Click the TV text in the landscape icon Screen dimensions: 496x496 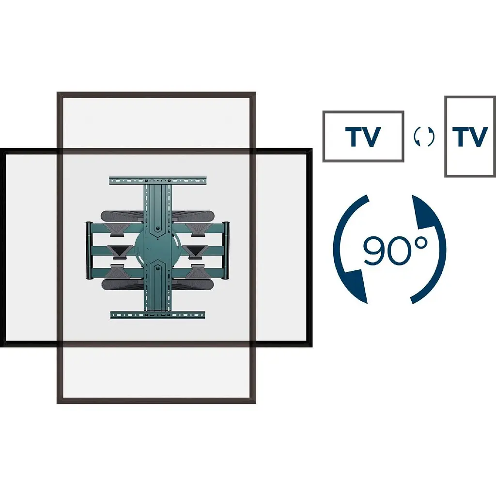tap(362, 137)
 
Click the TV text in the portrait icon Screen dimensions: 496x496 tap(470, 137)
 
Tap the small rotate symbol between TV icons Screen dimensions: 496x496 tap(424, 137)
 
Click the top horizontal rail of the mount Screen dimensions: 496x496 tap(157, 180)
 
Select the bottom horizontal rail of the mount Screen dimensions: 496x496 tap(157, 315)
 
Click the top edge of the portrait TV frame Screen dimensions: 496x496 tap(156, 94)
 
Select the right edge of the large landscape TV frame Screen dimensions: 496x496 tap(309, 248)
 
